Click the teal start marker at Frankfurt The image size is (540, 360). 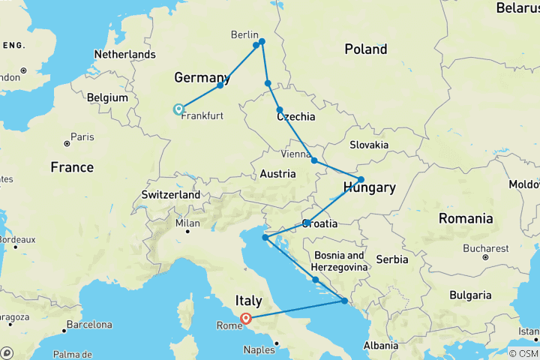[x=178, y=109]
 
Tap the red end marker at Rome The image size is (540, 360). [x=245, y=317]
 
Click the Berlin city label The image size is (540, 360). [x=244, y=36]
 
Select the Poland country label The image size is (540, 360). [x=365, y=49]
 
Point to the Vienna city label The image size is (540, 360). [x=295, y=154]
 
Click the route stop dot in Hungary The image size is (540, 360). [x=361, y=179]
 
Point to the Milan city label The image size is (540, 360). [x=187, y=223]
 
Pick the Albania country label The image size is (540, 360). [x=380, y=345]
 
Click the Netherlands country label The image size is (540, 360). [x=124, y=54]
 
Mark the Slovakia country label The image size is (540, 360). [x=368, y=145]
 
